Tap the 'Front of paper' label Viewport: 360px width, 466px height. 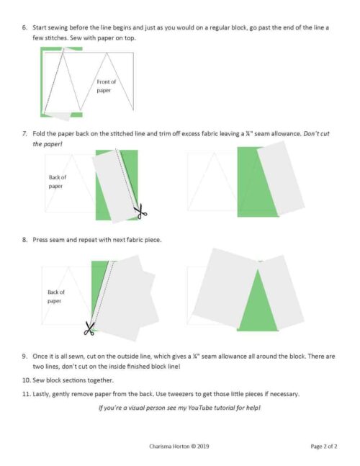tap(106, 86)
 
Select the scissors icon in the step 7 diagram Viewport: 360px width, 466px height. tap(140, 211)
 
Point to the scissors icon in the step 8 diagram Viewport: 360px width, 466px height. tap(89, 328)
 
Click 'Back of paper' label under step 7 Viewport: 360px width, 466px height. tap(57, 182)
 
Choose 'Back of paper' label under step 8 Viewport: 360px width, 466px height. tap(56, 296)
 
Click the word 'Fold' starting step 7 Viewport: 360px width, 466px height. tap(40, 134)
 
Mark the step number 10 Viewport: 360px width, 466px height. tap(25, 380)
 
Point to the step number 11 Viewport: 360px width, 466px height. tap(25, 393)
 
